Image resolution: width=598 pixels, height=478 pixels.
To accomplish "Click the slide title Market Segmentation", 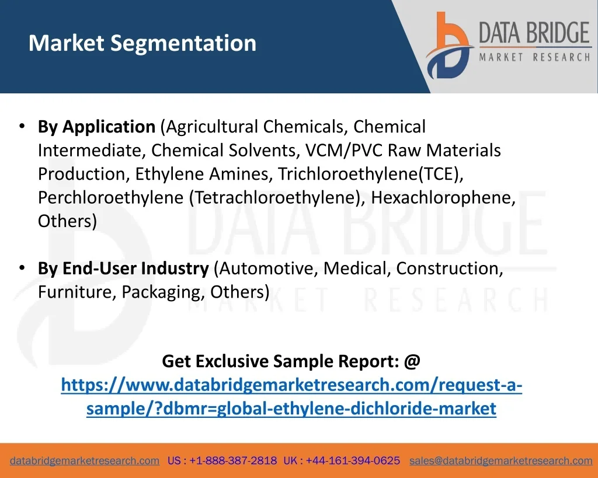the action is (142, 43).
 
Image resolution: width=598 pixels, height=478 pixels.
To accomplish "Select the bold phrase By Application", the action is (96, 127).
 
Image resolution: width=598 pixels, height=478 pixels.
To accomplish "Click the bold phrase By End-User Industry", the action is (123, 268).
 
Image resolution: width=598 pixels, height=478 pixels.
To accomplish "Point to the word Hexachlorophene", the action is (443, 197).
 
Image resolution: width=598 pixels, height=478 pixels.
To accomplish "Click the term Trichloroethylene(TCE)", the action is (370, 174).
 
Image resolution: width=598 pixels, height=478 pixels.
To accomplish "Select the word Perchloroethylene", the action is (110, 197).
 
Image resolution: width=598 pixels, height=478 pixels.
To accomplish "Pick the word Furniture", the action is (77, 292).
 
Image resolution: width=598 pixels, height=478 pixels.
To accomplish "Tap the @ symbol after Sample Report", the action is (412, 361).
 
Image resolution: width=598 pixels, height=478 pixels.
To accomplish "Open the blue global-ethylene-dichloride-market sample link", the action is (291, 396).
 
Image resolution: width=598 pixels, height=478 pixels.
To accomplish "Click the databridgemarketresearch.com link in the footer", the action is (85, 460).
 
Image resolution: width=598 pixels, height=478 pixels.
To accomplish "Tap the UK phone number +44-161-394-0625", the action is (353, 460).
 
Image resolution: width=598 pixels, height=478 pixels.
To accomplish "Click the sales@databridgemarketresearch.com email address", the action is (500, 460).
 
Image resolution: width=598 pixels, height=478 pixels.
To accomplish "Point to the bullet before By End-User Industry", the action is (22, 268).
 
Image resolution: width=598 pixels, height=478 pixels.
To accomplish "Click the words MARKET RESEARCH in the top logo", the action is (535, 57).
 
